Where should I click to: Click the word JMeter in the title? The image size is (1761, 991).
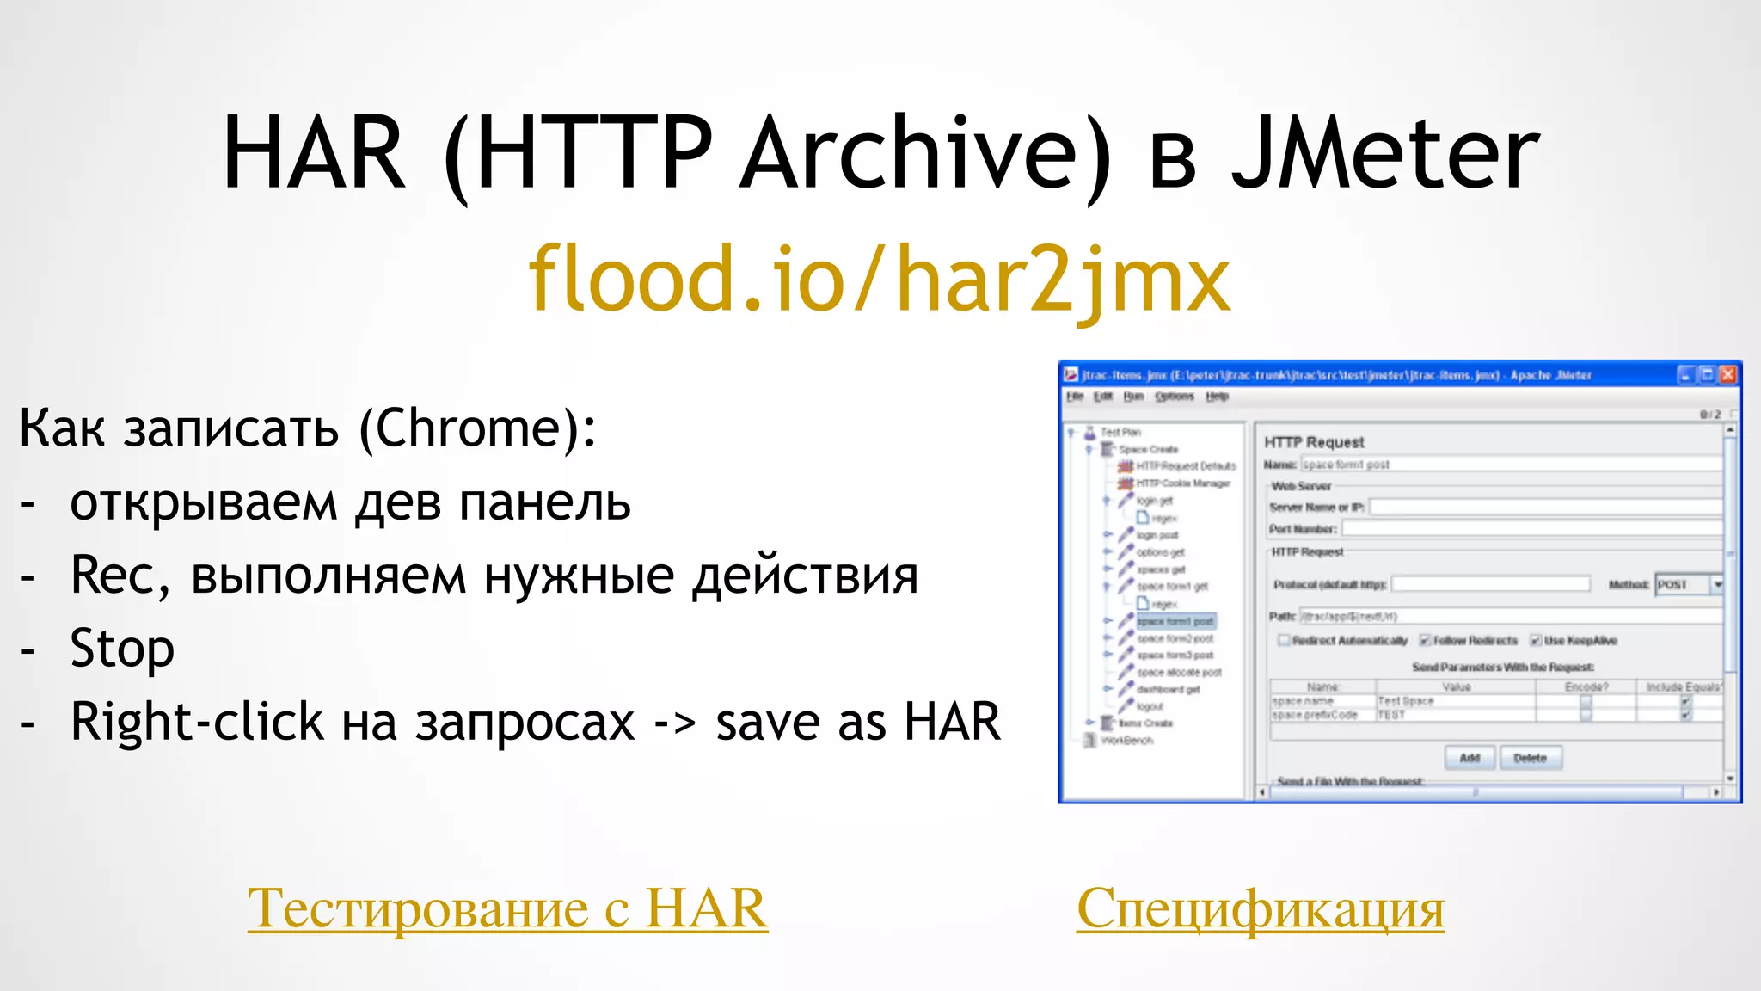pos(1384,155)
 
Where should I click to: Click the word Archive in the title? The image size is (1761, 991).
pos(925,155)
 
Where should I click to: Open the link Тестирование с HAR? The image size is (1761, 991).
pos(507,908)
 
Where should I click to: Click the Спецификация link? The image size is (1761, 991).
pos(1260,908)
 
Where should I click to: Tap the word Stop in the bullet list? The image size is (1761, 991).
pos(122,649)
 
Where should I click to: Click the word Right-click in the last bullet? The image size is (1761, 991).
pos(197,722)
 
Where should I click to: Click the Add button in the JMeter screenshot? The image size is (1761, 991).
pos(1470,758)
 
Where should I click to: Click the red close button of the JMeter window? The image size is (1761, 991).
pos(1727,374)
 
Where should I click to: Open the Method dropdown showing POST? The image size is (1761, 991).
pos(1717,584)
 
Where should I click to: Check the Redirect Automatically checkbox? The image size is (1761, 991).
pos(1284,640)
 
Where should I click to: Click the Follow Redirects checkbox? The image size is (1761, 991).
pos(1425,640)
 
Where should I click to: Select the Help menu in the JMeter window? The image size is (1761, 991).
pos(1217,397)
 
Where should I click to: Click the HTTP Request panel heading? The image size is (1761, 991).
pos(1314,442)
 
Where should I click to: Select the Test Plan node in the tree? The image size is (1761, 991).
pos(1120,432)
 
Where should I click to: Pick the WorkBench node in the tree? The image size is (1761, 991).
pos(1126,740)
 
